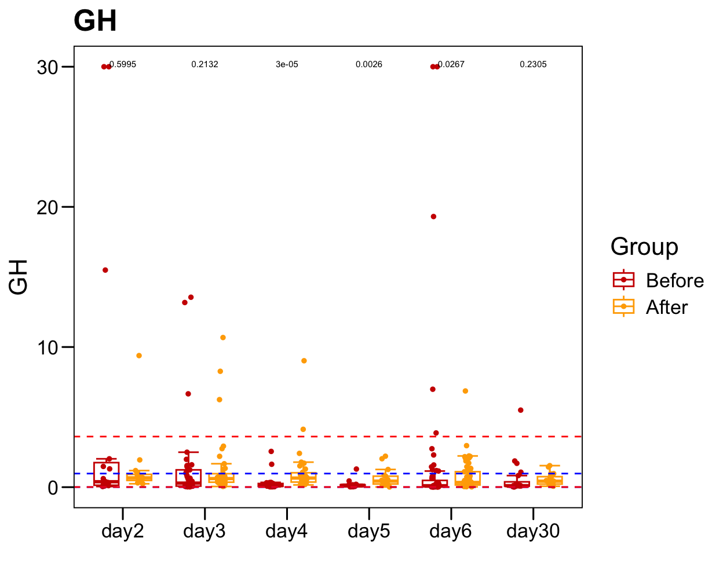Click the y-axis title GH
19,277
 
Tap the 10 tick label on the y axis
48,347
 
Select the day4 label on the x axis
287,531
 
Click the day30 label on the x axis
533,531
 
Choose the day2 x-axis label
122,531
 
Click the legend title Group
644,247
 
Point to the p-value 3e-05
287,64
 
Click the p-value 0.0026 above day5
369,64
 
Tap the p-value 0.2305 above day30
533,64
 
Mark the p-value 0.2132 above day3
205,64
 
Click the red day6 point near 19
433,217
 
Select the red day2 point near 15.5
105,270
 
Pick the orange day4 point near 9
304,361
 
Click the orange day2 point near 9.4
139,356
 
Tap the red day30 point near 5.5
521,410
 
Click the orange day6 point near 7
465,391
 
